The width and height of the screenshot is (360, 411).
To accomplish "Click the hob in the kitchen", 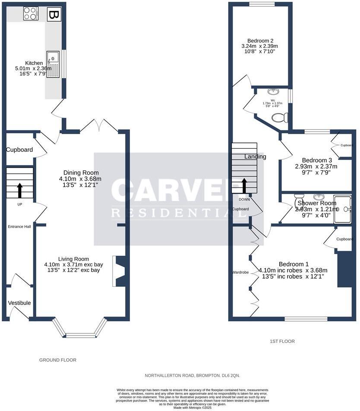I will pyautogui.click(x=30, y=13).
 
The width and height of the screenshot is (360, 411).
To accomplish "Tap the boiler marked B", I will pyautogui.click(x=54, y=15).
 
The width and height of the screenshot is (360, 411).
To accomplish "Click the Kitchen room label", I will pyautogui.click(x=34, y=63).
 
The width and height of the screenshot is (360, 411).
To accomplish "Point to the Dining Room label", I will pyautogui.click(x=78, y=173).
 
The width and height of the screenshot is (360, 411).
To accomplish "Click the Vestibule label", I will pyautogui.click(x=19, y=303).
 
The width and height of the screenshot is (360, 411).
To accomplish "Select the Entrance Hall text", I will pyautogui.click(x=19, y=226).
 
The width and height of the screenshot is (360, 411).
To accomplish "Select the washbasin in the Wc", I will pyautogui.click(x=273, y=91).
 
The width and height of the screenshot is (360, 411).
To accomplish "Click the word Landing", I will pyautogui.click(x=255, y=157).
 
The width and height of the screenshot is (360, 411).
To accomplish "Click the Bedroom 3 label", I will pyautogui.click(x=316, y=160).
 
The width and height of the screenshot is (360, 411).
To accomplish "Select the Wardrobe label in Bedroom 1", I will pyautogui.click(x=240, y=272).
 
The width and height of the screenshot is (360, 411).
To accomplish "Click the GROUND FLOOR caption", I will pyautogui.click(x=58, y=360).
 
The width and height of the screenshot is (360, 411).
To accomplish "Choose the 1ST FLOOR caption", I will pyautogui.click(x=282, y=341).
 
